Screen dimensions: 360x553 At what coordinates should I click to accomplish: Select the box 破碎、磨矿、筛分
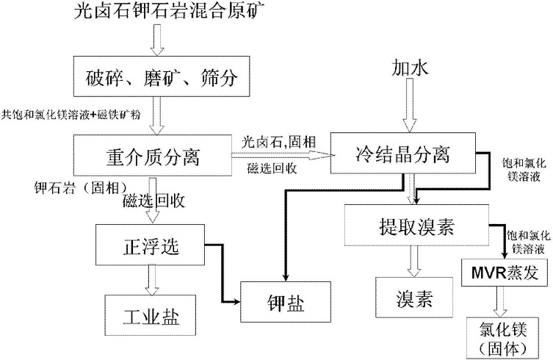[x=156, y=76]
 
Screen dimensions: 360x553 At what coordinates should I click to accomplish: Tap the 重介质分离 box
[x=152, y=155]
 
